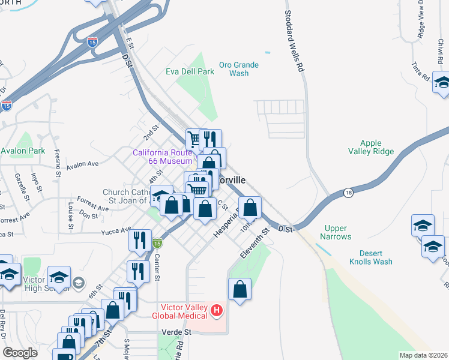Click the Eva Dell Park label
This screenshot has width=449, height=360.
[x=190, y=71]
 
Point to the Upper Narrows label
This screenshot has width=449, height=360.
[x=337, y=232]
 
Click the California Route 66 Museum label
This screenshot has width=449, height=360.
[x=163, y=157]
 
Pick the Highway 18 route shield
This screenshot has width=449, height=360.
[x=348, y=192]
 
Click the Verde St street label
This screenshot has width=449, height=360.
[x=176, y=332]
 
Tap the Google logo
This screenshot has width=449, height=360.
[x=20, y=353]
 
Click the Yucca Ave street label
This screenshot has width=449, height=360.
[x=116, y=230]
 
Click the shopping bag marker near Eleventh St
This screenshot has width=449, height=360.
[x=240, y=290]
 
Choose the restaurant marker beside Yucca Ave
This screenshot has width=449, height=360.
[x=139, y=240]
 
